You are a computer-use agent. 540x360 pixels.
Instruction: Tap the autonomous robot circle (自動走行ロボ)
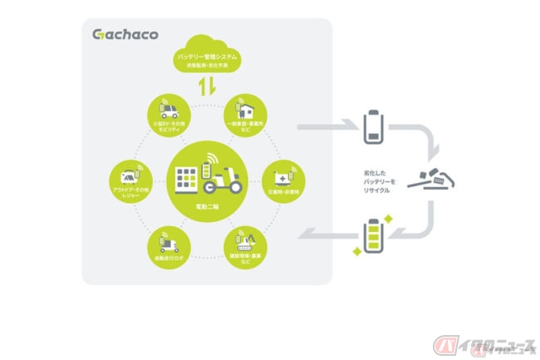pyautogui.click(x=166, y=242)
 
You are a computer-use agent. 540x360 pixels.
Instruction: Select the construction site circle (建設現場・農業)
pyautogui.click(x=245, y=242)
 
